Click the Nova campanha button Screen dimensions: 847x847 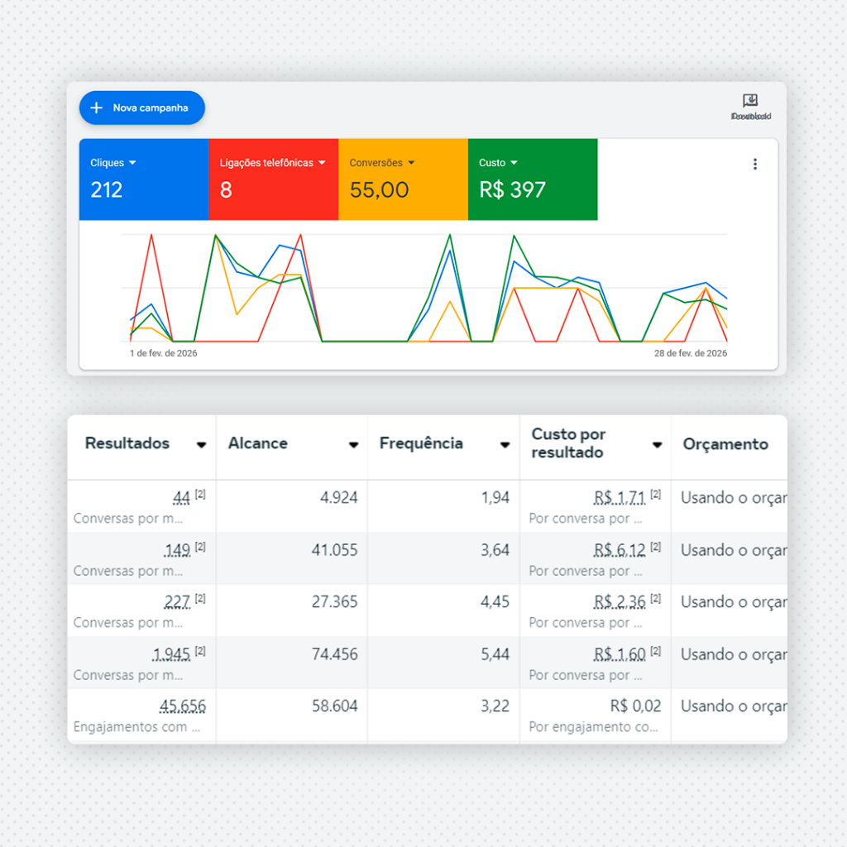141,108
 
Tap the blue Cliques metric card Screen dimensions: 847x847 144,179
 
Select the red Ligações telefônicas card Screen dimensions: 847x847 273,179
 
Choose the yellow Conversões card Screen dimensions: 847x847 403,179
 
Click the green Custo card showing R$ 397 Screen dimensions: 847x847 532,179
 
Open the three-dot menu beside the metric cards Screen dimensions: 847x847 754,164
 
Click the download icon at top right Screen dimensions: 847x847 750,101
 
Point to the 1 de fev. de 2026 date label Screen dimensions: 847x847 164,353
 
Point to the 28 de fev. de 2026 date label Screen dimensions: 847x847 691,353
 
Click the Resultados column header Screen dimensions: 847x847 127,443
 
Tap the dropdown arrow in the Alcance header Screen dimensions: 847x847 353,445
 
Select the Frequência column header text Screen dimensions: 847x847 421,443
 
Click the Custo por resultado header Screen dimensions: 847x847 568,443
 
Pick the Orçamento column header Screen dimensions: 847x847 725,444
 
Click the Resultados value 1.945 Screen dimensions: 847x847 172,654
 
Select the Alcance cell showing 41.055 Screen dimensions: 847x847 334,550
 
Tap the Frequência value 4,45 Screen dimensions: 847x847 495,602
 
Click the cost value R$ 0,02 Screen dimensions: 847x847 635,706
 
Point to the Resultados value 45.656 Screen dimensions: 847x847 183,706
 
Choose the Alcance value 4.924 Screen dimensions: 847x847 339,498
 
